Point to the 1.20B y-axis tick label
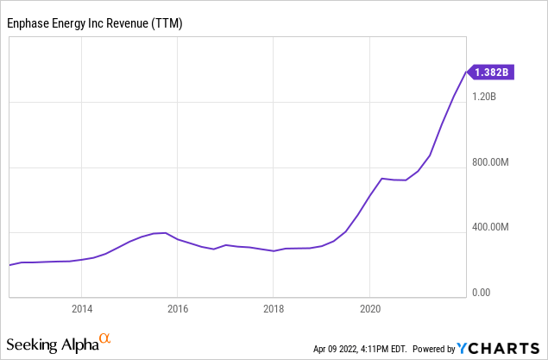point(485,97)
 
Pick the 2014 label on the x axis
point(81,309)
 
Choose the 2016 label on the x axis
point(178,309)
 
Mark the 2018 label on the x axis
point(274,309)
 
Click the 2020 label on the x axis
point(370,309)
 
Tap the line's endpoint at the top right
point(467,73)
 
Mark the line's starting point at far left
point(9,265)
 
